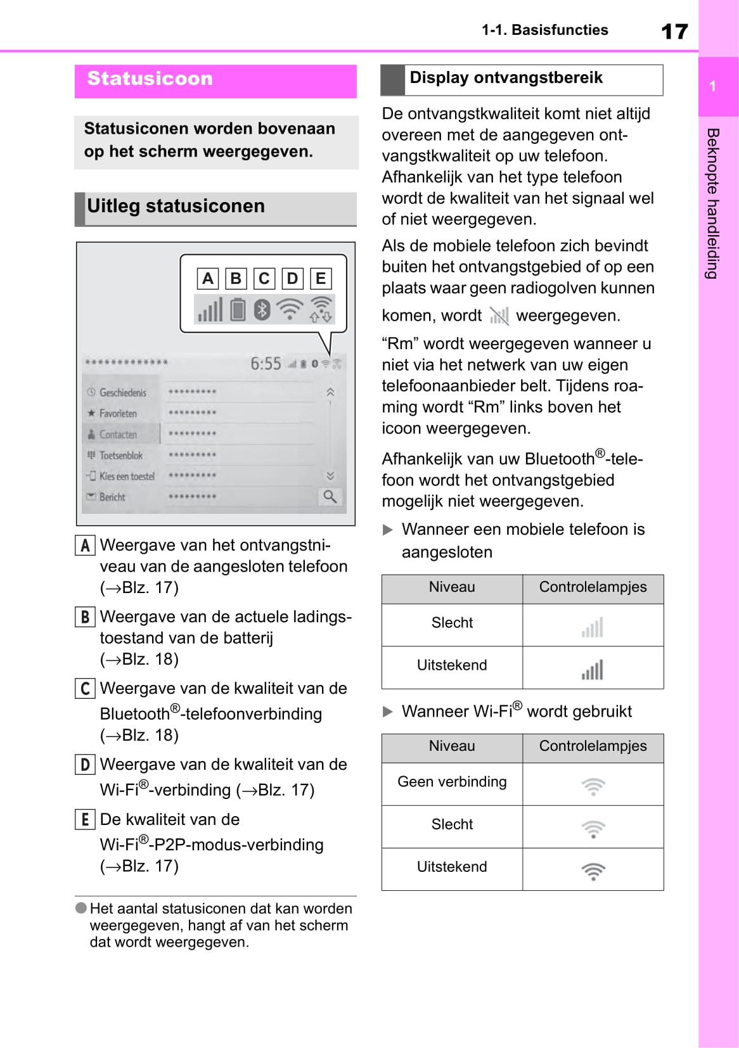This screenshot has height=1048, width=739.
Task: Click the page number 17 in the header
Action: pyautogui.click(x=674, y=31)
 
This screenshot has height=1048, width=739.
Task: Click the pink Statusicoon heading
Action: pyautogui.click(x=150, y=79)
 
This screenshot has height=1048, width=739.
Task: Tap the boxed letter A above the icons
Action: pyautogui.click(x=208, y=279)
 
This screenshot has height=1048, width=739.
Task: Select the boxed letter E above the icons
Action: pyautogui.click(x=321, y=279)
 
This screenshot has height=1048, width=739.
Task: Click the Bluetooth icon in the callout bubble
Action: pyautogui.click(x=262, y=310)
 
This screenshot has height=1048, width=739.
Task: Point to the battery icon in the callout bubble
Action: pyautogui.click(x=238, y=310)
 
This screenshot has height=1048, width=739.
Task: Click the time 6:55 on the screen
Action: pyautogui.click(x=266, y=364)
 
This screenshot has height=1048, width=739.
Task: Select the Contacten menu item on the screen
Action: pyautogui.click(x=118, y=435)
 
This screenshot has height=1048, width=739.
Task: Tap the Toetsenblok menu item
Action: pyautogui.click(x=120, y=456)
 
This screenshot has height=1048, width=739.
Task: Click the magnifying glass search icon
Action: pyautogui.click(x=330, y=496)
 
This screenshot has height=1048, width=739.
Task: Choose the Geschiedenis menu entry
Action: pyautogui.click(x=122, y=393)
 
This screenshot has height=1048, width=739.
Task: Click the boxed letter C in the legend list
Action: pyautogui.click(x=85, y=689)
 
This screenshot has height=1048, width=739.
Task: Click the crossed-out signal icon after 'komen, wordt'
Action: pyautogui.click(x=499, y=316)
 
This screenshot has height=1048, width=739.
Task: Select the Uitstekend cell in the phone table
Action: pyautogui.click(x=452, y=665)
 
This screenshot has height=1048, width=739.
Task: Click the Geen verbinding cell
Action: pyautogui.click(x=452, y=782)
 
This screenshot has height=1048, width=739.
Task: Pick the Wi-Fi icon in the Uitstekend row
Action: pyautogui.click(x=593, y=871)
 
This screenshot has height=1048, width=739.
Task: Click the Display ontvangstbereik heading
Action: pyautogui.click(x=506, y=78)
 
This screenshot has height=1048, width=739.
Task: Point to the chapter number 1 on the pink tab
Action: pyautogui.click(x=713, y=86)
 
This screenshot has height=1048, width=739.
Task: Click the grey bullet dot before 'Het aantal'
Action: pyautogui.click(x=81, y=908)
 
